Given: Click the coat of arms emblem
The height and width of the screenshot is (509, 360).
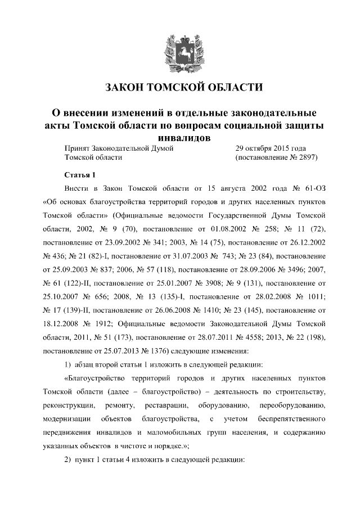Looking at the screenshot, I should click(179, 49).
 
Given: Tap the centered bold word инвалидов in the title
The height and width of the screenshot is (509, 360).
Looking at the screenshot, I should click(179, 137).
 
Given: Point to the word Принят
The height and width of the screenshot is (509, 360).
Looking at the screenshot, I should click(78, 148).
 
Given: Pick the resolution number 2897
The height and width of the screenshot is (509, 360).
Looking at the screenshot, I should click(307, 158).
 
